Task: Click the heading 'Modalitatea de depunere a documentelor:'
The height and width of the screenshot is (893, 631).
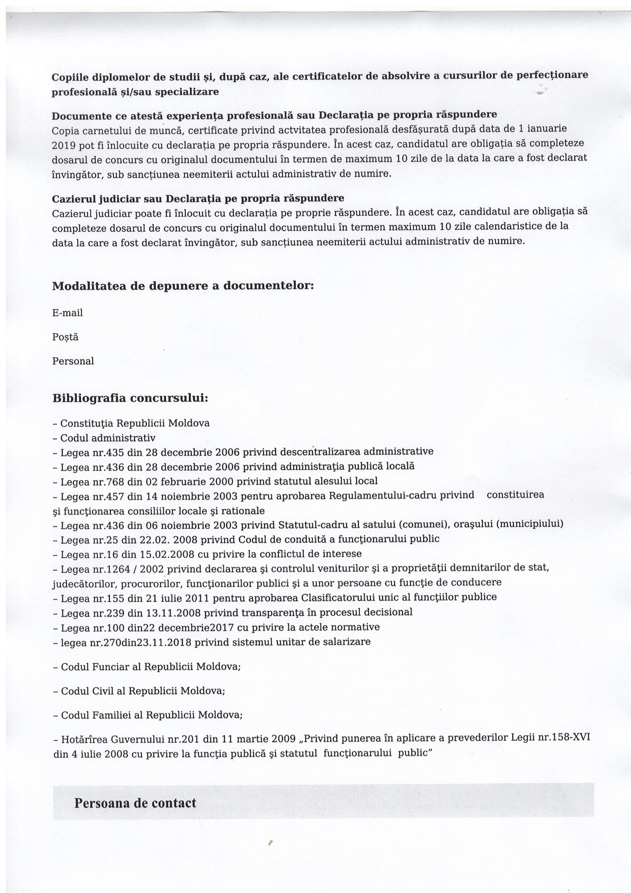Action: click(183, 286)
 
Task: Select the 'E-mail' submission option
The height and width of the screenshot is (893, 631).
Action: click(67, 313)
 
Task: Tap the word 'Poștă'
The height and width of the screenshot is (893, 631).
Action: click(65, 337)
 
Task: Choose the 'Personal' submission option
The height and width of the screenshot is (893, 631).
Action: click(73, 361)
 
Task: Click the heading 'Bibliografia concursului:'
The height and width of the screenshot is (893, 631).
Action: click(130, 399)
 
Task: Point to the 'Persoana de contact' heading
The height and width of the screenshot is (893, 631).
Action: click(135, 803)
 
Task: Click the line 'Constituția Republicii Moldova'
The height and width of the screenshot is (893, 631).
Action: click(135, 423)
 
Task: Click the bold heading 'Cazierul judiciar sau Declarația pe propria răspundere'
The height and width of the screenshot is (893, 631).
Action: click(198, 199)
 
